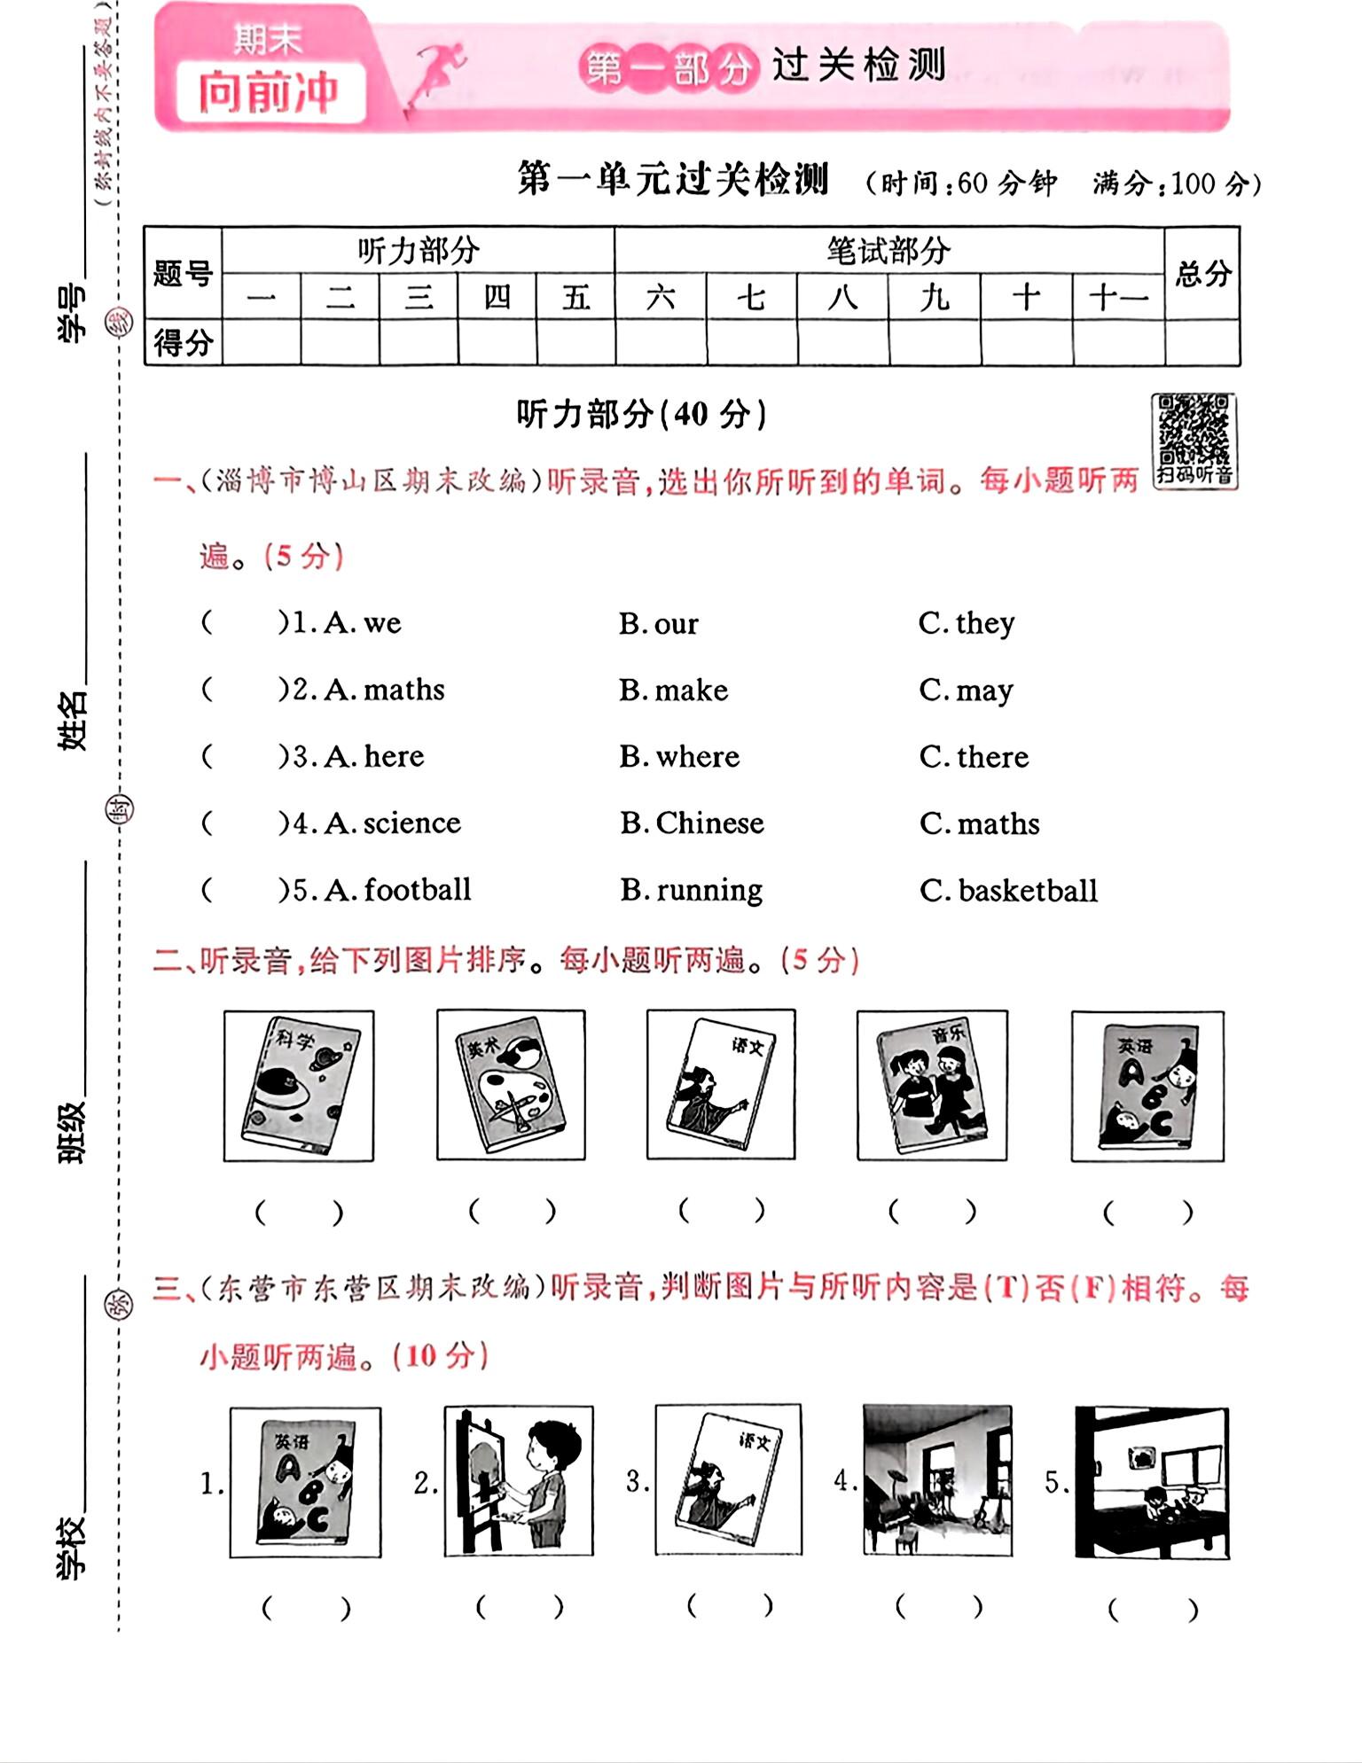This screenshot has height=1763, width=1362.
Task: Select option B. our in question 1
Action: (659, 624)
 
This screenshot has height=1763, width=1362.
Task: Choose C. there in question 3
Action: (975, 757)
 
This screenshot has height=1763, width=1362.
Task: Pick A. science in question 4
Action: (393, 823)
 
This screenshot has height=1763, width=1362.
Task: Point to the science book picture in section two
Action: (299, 1085)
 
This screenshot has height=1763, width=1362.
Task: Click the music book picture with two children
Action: (932, 1085)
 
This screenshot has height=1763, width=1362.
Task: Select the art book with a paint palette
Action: (511, 1085)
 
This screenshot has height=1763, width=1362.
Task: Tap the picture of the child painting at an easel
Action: (519, 1481)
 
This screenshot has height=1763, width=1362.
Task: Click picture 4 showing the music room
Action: (937, 1479)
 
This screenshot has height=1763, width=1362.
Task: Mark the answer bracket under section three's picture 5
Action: (1152, 1609)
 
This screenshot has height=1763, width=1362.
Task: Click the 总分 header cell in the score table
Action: (1202, 273)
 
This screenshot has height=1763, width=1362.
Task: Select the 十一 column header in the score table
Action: (1118, 297)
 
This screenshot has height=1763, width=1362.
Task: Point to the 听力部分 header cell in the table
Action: (418, 251)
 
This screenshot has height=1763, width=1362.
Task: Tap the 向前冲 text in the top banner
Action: (269, 92)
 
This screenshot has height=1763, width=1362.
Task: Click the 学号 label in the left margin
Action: (73, 313)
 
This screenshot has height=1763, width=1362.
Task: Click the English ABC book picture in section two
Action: (1147, 1085)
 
